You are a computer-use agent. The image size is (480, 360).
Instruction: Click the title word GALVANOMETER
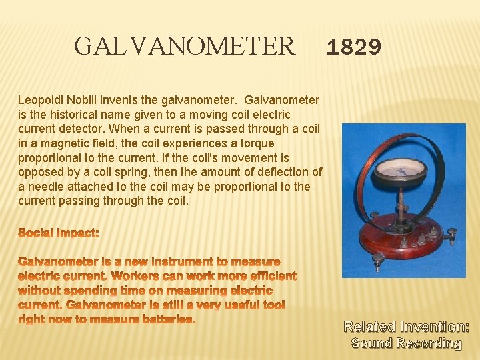click(184, 47)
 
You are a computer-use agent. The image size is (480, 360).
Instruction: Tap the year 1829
click(354, 47)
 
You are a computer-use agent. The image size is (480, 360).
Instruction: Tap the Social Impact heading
click(59, 233)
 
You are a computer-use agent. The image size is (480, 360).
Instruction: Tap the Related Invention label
click(406, 327)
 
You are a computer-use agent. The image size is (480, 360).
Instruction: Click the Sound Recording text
click(406, 343)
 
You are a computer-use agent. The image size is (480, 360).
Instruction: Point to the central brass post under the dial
click(402, 200)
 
